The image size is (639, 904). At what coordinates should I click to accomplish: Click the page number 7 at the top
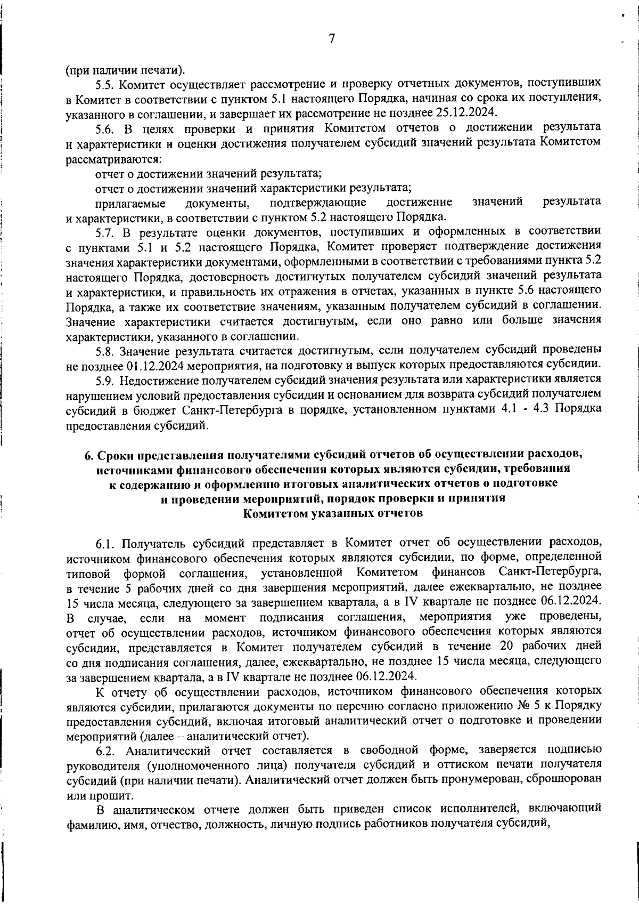(331, 38)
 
